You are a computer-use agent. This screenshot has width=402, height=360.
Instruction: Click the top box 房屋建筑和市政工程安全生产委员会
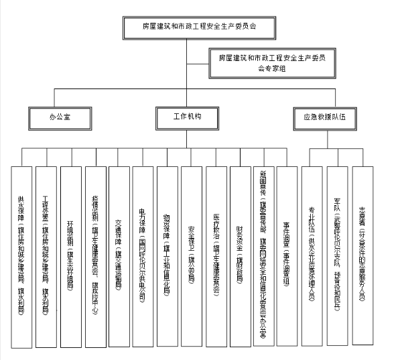(x=200, y=27)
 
